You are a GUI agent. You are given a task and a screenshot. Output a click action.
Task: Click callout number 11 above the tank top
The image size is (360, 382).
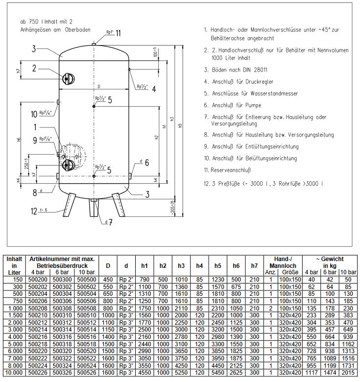coord(118,33)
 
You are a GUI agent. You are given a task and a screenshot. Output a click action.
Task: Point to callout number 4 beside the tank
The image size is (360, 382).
coord(153,89)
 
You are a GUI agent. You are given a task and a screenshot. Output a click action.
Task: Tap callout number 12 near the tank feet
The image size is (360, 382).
coord(34,211)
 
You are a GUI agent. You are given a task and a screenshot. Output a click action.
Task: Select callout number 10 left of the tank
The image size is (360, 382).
coord(34,114)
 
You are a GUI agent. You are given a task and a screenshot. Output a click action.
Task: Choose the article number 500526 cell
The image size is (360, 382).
coord(89,373)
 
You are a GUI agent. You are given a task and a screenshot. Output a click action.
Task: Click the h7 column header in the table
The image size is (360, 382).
coord(254,266)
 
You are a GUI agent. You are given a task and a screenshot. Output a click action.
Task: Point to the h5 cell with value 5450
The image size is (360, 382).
coord(217,373)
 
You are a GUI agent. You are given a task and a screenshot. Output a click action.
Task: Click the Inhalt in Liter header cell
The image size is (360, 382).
coord(14,266)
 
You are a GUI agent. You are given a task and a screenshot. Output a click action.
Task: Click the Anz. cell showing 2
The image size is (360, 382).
coord(270,308)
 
